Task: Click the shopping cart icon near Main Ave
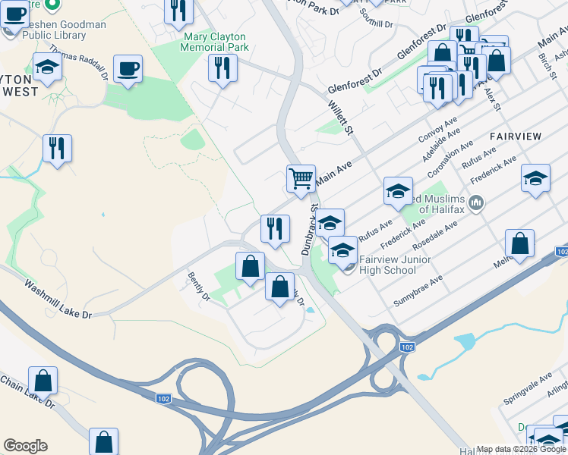pos(301,179)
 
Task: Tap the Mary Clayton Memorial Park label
pos(215,42)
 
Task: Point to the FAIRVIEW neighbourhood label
pos(516,136)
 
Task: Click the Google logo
pos(25,446)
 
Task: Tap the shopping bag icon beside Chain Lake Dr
pos(43,381)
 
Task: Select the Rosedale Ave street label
pos(435,237)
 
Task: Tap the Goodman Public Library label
pos(64,30)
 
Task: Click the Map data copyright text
pos(520,449)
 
